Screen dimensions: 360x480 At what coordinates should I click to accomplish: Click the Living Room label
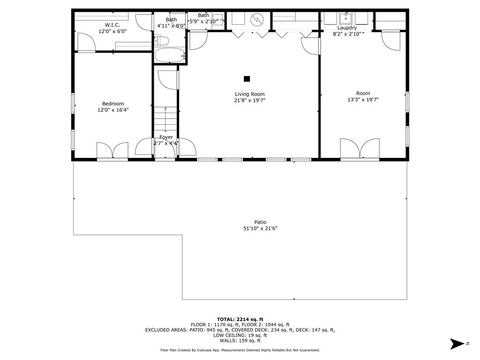[249, 94]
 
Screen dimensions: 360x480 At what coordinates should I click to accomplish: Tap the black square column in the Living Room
[247, 79]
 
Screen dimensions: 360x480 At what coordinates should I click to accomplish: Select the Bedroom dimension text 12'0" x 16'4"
[113, 110]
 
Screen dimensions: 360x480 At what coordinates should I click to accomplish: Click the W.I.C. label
[112, 25]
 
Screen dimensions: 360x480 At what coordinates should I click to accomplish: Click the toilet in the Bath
[161, 41]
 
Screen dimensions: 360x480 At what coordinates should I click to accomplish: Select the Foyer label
[166, 137]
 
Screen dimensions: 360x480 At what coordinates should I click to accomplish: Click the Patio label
[260, 222]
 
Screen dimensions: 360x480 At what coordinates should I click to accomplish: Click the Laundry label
[347, 28]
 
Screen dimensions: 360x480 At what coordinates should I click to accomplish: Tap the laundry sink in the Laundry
[346, 19]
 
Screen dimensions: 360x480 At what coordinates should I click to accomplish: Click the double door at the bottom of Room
[360, 149]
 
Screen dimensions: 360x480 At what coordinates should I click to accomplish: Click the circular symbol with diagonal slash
[257, 20]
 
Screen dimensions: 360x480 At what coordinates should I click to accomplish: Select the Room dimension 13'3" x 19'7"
[363, 100]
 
